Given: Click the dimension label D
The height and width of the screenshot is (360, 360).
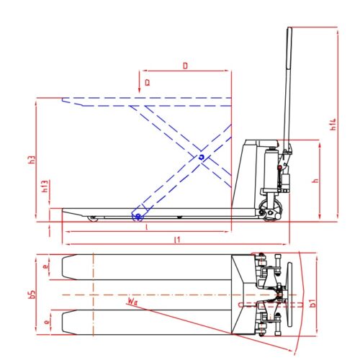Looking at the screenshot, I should [x=185, y=66].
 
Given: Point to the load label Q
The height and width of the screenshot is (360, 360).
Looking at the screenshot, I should [x=147, y=83].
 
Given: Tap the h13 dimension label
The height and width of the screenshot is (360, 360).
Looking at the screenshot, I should [x=45, y=188].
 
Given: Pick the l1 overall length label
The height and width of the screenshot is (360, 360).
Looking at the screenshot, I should [x=176, y=238].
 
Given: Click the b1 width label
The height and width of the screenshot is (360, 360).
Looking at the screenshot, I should [x=312, y=303].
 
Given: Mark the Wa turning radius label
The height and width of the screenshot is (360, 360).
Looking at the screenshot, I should [x=132, y=301].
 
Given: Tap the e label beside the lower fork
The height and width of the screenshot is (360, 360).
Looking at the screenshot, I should [x=45, y=322].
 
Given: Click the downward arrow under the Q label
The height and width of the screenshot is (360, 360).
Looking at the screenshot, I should [x=139, y=89].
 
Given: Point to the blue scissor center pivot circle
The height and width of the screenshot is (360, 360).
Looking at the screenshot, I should [x=202, y=156].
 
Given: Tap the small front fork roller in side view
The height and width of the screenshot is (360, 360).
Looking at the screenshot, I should [x=91, y=217].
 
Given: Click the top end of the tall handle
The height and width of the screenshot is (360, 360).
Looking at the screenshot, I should [x=289, y=30].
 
